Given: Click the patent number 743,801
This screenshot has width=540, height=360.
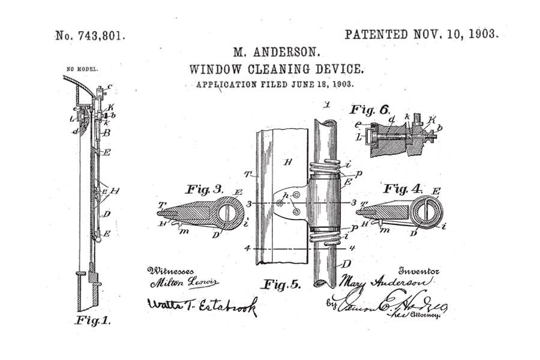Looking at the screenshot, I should pos(102,35).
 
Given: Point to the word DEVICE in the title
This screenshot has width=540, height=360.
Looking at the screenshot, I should pos(340,69).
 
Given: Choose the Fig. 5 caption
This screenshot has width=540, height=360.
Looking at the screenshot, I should pos(280,284).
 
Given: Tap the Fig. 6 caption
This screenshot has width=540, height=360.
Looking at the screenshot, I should pos(370,110).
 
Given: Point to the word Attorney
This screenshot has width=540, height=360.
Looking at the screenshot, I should pos(427,313).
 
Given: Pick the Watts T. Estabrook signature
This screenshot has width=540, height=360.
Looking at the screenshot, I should pos(202,305).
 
